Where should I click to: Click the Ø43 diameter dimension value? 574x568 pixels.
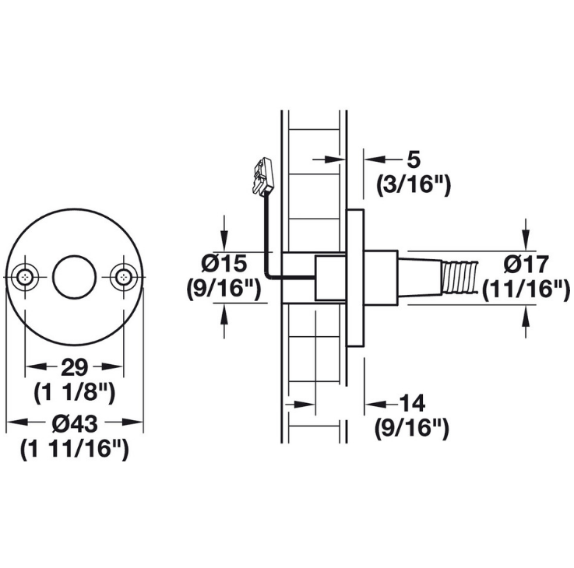75,424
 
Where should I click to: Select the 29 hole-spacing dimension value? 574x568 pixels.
75,367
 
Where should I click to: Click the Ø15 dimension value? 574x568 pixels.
224,264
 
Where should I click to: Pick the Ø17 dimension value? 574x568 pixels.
526,264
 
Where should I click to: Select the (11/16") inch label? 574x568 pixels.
526,289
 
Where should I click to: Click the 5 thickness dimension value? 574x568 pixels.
414,160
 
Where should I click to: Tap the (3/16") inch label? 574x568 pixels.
414,185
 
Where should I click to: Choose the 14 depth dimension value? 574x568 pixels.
411,403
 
